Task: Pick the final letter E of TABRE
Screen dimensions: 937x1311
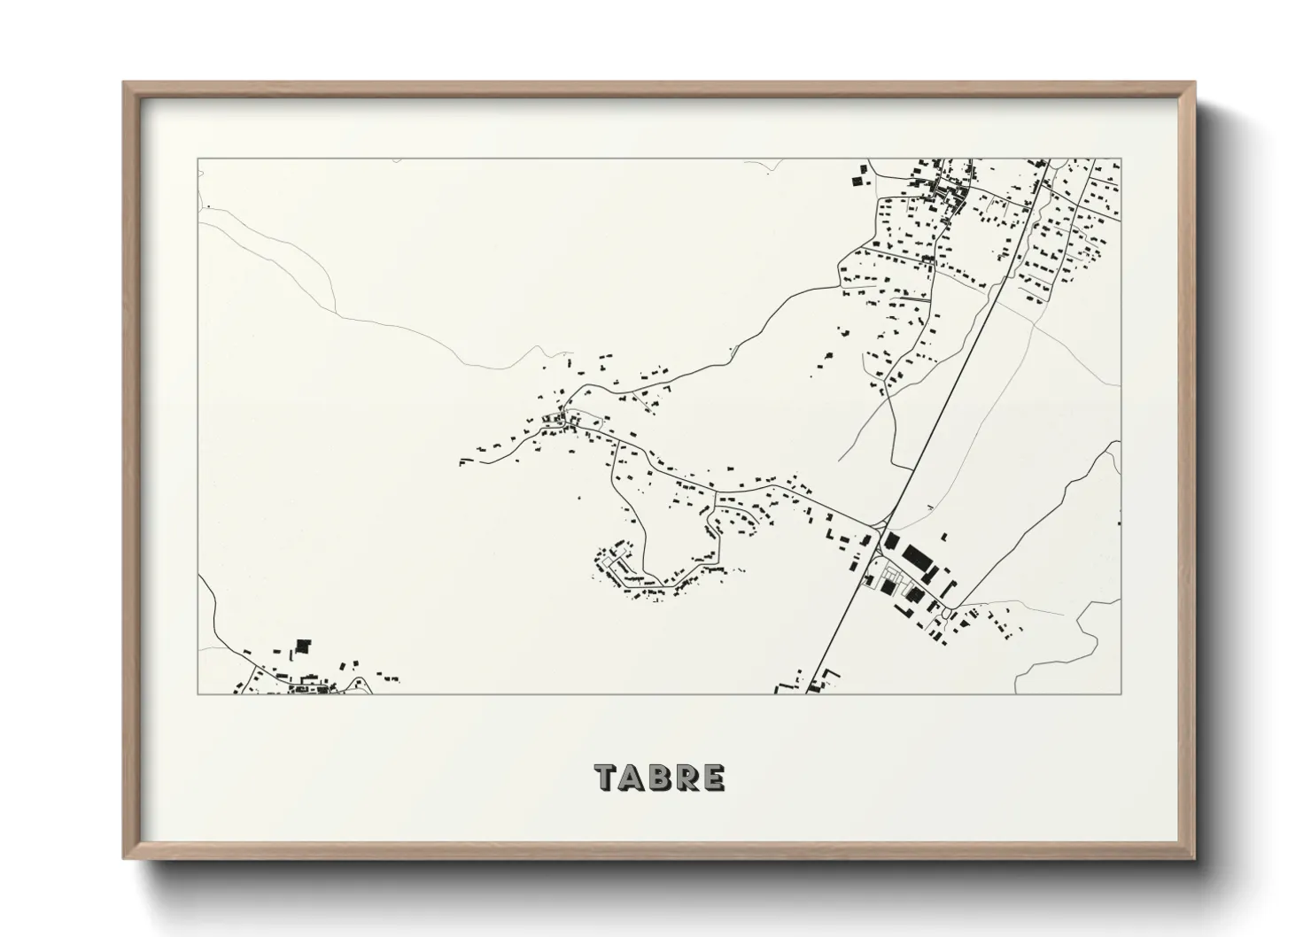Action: pos(714,777)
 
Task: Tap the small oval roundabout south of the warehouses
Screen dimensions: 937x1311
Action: pos(949,613)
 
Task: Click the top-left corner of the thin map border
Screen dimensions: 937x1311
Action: pos(198,159)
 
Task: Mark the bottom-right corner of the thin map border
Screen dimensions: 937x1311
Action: pos(1121,694)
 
